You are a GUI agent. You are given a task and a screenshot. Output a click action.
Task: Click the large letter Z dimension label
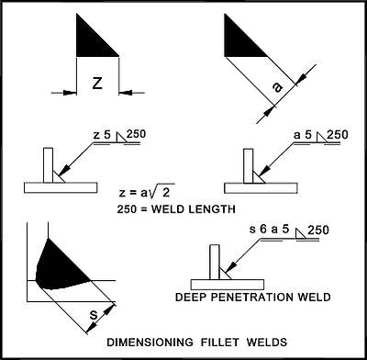(97, 83)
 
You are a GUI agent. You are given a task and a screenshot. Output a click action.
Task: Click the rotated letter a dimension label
(277, 88)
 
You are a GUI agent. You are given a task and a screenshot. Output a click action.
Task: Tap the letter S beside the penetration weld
(95, 314)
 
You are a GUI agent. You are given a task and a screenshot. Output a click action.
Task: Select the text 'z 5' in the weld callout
(102, 136)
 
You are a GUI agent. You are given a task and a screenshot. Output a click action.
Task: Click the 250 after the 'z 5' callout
(136, 134)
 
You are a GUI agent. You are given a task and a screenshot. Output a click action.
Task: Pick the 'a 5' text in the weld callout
(303, 135)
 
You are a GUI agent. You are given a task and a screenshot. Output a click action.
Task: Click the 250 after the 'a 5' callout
(338, 134)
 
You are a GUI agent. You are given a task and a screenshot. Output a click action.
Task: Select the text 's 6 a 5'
(269, 230)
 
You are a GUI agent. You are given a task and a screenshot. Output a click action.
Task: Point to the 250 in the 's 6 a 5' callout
(318, 230)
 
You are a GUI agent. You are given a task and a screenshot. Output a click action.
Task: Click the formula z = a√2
(147, 193)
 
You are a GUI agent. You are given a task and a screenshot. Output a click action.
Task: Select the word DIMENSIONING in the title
(150, 342)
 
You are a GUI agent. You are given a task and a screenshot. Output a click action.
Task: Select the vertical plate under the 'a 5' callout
(249, 166)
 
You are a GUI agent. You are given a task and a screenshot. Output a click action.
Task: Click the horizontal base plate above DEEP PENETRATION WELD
(228, 285)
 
